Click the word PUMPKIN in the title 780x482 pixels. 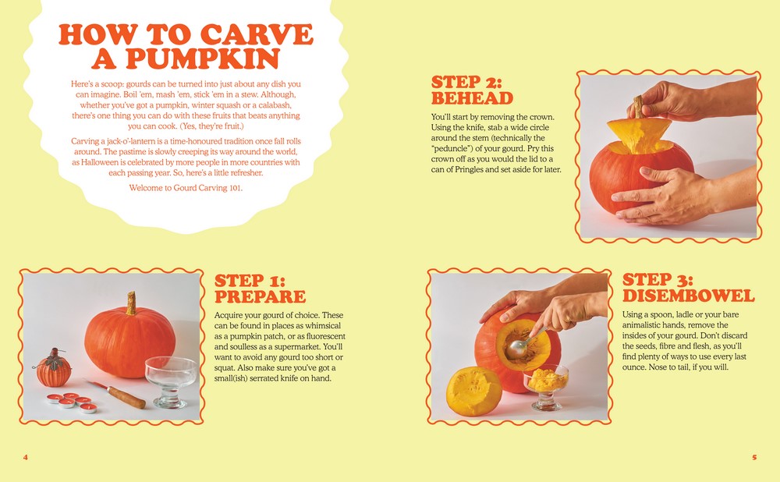coord(203,58)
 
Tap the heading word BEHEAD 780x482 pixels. coord(472,98)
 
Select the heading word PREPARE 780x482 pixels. coord(261,296)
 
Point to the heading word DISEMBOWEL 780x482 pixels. coord(689,296)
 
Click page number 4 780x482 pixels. coord(26,457)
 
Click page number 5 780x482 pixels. coord(754,457)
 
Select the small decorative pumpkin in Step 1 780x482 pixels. coord(53,369)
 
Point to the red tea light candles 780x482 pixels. coord(72,402)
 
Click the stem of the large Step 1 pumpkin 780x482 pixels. coord(131,303)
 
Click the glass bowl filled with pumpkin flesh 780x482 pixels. coord(546,387)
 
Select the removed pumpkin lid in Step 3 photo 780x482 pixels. coord(473,391)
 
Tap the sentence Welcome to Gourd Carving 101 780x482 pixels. coord(186,187)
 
